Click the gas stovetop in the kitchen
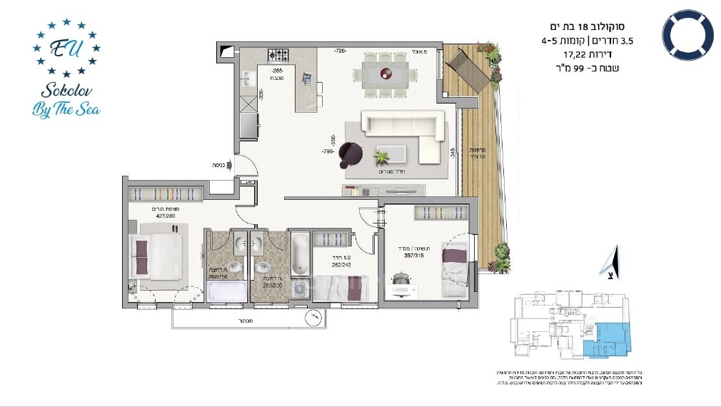(278, 55)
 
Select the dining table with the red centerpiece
(385, 73)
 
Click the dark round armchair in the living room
(351, 151)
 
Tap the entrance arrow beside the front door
(228, 164)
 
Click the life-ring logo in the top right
(687, 34)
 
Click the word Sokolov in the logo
(66, 89)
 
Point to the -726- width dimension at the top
(341, 51)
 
